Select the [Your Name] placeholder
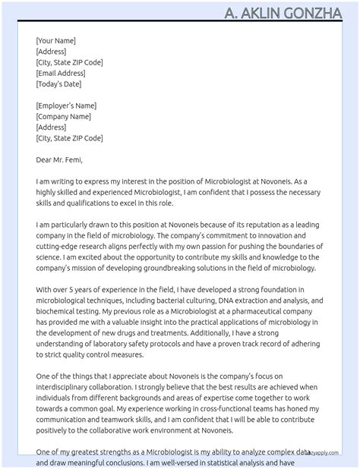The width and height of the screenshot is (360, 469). click(x=55, y=41)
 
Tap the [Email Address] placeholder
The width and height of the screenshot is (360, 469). click(x=61, y=74)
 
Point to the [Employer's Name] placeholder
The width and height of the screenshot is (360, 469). click(x=66, y=106)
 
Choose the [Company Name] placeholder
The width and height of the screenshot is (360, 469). click(x=63, y=117)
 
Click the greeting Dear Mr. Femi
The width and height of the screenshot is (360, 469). click(x=59, y=160)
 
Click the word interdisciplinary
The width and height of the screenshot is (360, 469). click(x=70, y=388)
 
